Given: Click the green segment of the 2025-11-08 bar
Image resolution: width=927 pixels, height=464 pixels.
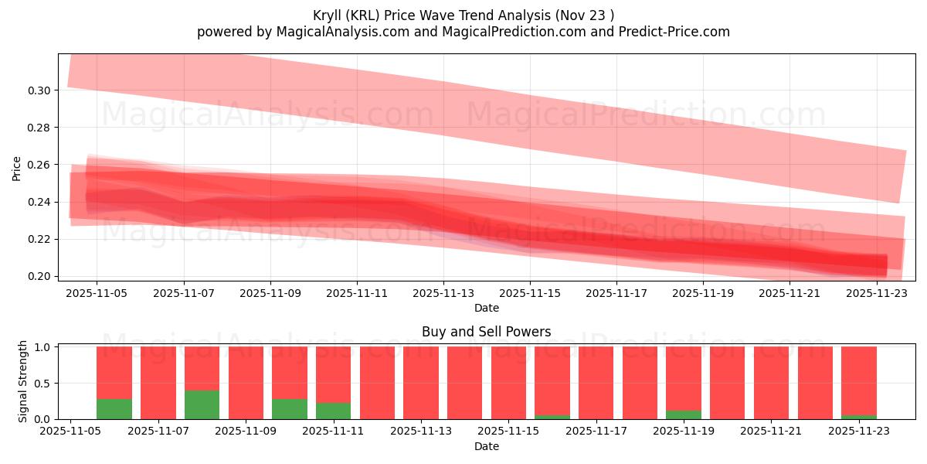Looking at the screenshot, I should [202, 404].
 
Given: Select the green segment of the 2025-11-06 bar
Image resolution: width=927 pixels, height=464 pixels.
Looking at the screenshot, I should [114, 409].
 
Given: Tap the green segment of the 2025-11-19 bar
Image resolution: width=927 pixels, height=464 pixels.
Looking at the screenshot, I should [684, 415].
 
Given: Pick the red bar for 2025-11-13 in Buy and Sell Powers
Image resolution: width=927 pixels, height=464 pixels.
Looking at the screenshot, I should [421, 383].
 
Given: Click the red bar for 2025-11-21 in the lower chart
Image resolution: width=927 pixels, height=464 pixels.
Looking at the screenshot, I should [771, 383].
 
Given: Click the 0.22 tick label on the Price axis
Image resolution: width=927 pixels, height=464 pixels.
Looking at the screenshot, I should [39, 239].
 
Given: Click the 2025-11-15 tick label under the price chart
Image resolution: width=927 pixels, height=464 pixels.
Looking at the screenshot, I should [530, 294].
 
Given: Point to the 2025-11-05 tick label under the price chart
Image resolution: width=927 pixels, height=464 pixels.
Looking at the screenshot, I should [97, 294].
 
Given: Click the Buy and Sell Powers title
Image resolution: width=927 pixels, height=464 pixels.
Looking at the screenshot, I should [487, 332].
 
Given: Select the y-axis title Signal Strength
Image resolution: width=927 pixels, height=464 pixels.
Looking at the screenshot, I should [23, 381].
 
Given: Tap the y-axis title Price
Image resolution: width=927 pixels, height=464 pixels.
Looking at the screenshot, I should [17, 168].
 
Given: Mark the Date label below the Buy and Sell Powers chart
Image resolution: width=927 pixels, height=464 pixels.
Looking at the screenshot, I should [487, 446].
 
